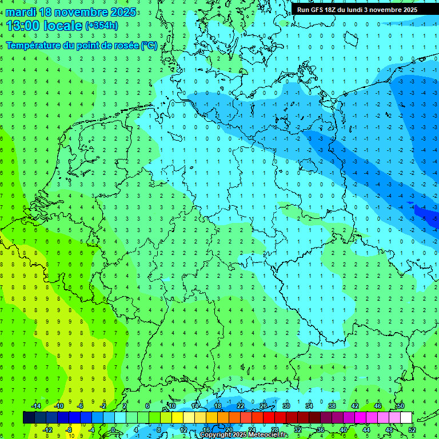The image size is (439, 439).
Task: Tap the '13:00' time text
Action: [22, 25]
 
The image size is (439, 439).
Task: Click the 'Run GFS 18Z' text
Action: [318, 10]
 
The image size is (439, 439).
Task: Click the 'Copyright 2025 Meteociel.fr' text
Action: [244, 435]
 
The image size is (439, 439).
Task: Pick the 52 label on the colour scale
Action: [412, 430]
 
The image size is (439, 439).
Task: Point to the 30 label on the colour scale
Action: [286, 406]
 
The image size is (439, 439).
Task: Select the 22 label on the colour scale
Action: [241, 406]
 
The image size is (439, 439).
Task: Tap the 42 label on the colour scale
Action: [355, 406]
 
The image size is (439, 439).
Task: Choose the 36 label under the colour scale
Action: [321, 430]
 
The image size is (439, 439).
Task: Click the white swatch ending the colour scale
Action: [406, 418]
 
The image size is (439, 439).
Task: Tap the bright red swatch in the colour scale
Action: [269, 418]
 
